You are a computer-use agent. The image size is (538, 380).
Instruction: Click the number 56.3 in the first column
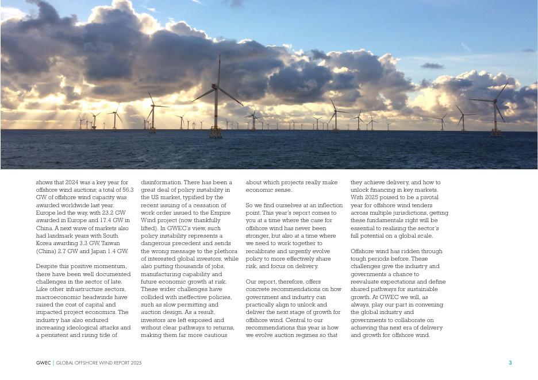(128, 190)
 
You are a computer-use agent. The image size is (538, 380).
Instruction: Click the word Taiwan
(110, 243)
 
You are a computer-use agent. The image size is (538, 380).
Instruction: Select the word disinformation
(160, 183)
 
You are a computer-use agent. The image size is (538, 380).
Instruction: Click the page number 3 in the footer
(510, 363)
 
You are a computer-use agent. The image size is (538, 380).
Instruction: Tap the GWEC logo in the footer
(43, 363)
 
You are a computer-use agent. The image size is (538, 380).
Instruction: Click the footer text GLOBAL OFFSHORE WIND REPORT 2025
(98, 363)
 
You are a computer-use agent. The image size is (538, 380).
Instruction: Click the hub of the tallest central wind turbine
(216, 86)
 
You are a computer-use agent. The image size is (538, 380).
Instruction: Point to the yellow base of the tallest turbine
(216, 133)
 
